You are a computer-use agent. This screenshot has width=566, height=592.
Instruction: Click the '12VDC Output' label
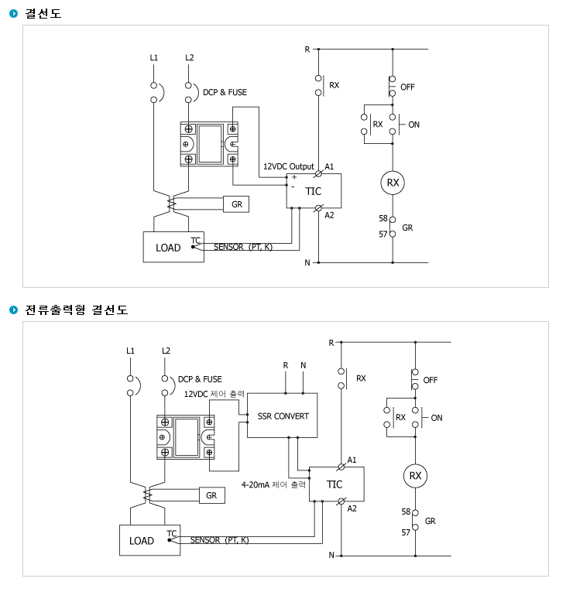(289, 166)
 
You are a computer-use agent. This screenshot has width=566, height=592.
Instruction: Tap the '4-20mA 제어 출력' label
(273, 484)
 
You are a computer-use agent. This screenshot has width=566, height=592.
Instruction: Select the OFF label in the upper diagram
(408, 87)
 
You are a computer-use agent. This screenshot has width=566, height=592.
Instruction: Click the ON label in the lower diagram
(437, 418)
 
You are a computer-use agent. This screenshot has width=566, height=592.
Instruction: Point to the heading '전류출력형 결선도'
(77, 310)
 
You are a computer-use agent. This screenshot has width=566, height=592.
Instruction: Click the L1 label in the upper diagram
(154, 58)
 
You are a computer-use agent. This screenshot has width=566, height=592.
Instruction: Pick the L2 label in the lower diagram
(166, 351)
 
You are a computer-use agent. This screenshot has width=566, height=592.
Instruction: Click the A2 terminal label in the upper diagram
(330, 215)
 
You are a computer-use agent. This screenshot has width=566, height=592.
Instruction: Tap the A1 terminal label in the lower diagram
(352, 460)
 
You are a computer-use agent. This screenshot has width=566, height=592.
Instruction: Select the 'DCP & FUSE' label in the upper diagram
(225, 93)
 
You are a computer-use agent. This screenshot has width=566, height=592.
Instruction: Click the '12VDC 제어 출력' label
(214, 394)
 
